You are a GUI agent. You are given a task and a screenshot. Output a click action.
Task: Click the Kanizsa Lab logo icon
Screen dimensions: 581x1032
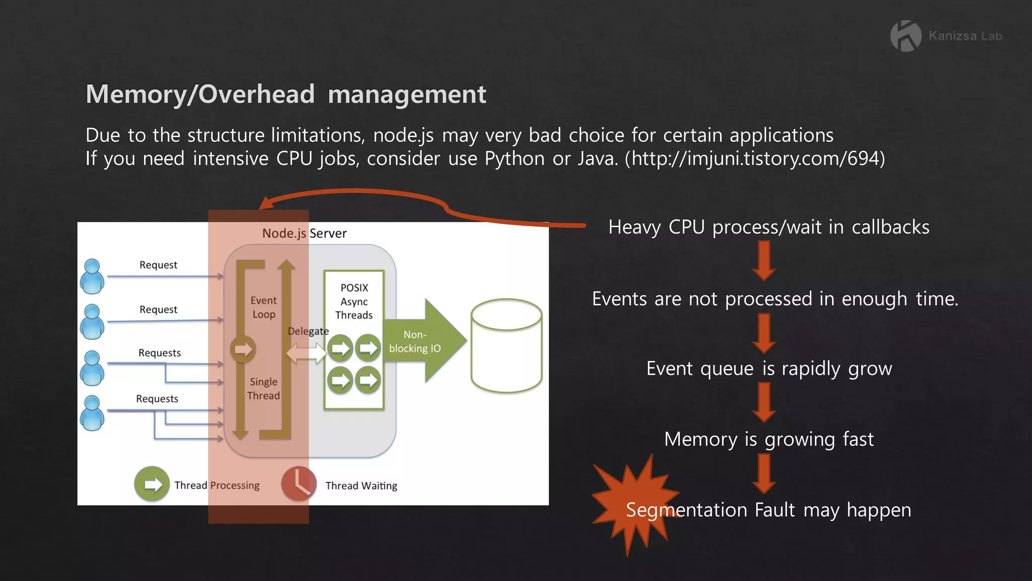click(x=905, y=36)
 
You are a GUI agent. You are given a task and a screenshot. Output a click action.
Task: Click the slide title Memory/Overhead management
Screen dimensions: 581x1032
click(x=286, y=94)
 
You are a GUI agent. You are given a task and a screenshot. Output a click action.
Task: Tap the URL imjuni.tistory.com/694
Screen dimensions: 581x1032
click(x=755, y=158)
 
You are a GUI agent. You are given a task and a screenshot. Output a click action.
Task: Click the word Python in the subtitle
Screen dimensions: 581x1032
click(x=514, y=159)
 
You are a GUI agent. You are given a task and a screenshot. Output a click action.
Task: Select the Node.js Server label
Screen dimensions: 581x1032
click(x=304, y=233)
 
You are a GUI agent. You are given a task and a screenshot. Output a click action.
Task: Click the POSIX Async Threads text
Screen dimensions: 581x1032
click(x=354, y=302)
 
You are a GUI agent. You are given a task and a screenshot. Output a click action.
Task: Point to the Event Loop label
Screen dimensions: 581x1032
click(x=264, y=307)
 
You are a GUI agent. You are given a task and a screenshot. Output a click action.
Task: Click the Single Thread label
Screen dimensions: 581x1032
click(x=263, y=389)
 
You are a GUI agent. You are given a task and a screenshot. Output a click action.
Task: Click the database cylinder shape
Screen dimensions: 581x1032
click(x=506, y=345)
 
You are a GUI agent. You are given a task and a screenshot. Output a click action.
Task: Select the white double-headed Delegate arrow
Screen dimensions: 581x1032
click(x=306, y=353)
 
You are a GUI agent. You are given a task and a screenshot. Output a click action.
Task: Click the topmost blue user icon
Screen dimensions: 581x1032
click(x=92, y=276)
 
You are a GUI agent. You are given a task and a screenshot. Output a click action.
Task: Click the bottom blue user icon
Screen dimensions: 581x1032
click(x=92, y=413)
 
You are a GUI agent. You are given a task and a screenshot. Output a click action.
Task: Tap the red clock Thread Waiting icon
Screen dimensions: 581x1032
click(x=298, y=484)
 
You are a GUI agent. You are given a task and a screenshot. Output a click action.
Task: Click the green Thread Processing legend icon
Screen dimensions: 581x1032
click(x=152, y=484)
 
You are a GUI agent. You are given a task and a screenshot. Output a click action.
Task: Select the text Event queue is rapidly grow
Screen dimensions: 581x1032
click(x=769, y=369)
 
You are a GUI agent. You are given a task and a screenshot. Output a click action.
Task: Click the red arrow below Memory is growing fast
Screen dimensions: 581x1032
click(x=764, y=473)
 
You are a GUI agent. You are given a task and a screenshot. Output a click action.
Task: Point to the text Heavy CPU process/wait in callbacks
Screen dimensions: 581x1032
click(x=768, y=227)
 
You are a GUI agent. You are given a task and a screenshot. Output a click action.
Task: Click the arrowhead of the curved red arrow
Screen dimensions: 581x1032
click(x=265, y=203)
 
